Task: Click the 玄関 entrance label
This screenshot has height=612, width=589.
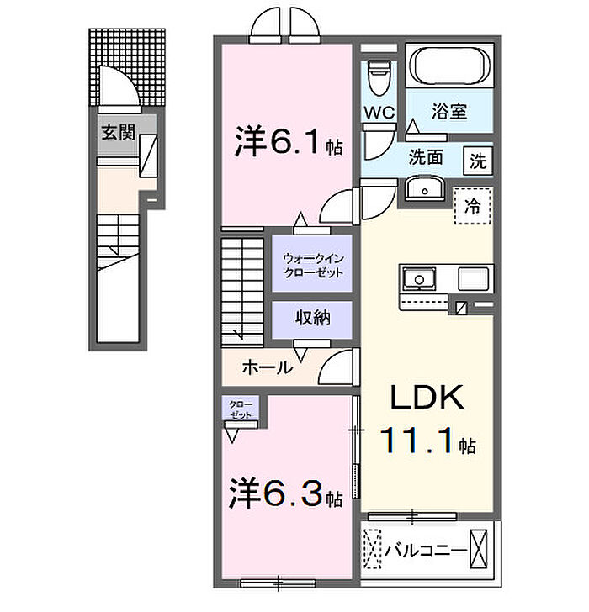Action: [118, 133]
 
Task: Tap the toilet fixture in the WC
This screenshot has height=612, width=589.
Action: [379, 78]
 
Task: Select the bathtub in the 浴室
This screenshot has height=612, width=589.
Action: [449, 66]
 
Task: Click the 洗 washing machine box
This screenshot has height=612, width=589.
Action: [478, 161]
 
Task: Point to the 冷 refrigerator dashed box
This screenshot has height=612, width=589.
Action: [472, 206]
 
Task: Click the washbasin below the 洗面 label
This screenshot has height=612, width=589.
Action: [424, 188]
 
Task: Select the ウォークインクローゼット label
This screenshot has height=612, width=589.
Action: [313, 266]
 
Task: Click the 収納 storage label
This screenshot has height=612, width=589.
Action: [312, 318]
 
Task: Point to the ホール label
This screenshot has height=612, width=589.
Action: [268, 367]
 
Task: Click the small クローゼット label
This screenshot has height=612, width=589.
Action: [241, 409]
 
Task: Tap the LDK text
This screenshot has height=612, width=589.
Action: [427, 397]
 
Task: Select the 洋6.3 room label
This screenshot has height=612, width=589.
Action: [286, 493]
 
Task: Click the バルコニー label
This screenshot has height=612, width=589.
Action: [426, 551]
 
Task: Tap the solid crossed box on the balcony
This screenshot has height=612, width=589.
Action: [479, 549]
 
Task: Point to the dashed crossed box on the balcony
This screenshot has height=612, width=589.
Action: [372, 549]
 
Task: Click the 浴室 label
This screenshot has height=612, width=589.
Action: [449, 111]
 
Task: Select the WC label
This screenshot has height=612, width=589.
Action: [379, 113]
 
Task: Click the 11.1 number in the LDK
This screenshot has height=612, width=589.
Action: [417, 441]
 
